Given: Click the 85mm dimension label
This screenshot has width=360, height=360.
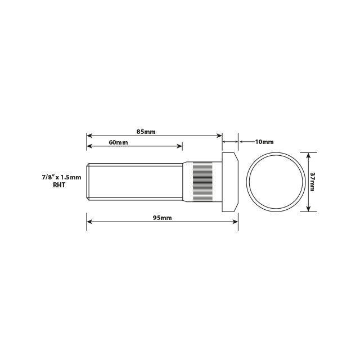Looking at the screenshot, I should pyautogui.click(x=146, y=132).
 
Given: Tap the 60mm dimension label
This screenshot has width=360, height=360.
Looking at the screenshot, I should pyautogui.click(x=118, y=142).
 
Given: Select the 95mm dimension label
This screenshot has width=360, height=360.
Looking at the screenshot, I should pyautogui.click(x=162, y=218).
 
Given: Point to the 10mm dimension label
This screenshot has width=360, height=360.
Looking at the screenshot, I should pyautogui.click(x=264, y=142).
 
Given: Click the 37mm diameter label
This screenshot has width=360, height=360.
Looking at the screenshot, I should pyautogui.click(x=312, y=182).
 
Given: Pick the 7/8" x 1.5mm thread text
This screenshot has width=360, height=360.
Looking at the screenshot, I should pyautogui.click(x=61, y=177).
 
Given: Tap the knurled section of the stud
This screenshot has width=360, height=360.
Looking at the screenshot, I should pyautogui.click(x=203, y=182).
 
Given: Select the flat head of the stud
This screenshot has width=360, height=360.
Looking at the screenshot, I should pyautogui.click(x=230, y=182).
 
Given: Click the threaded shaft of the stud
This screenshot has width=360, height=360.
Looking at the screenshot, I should pyautogui.click(x=135, y=182).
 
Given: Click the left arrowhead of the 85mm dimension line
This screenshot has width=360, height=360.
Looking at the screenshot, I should pyautogui.click(x=89, y=136).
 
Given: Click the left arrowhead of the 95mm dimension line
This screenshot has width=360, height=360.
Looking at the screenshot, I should pyautogui.click(x=89, y=222).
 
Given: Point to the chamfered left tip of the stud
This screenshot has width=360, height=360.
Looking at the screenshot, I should pyautogui.click(x=88, y=182).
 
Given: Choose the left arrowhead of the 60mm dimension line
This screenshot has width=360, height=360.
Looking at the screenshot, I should pyautogui.click(x=89, y=146).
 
